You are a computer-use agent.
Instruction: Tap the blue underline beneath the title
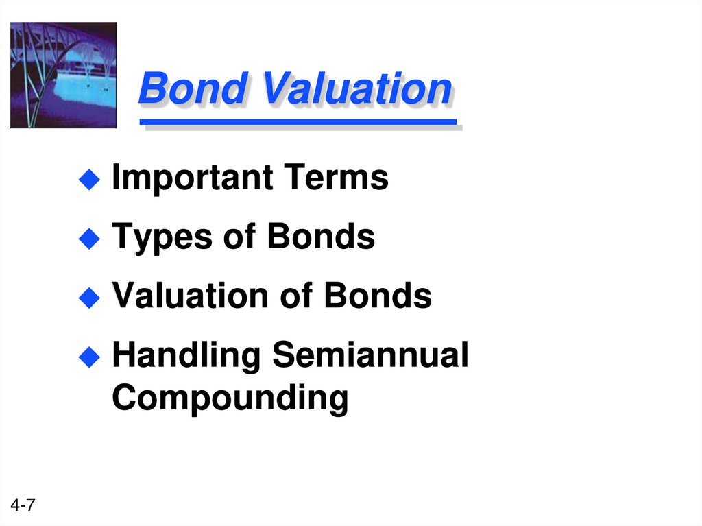click(298, 123)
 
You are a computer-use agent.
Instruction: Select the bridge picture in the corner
click(63, 75)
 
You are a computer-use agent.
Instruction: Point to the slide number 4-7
click(23, 506)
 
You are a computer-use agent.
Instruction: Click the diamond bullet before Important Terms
click(88, 180)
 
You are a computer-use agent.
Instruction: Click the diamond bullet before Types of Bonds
click(88, 239)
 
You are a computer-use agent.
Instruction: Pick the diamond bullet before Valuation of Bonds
click(88, 298)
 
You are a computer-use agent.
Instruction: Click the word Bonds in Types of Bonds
click(321, 237)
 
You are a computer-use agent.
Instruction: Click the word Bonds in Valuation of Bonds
click(378, 296)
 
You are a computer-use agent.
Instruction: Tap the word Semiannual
click(370, 355)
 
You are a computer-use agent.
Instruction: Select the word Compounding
click(230, 398)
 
